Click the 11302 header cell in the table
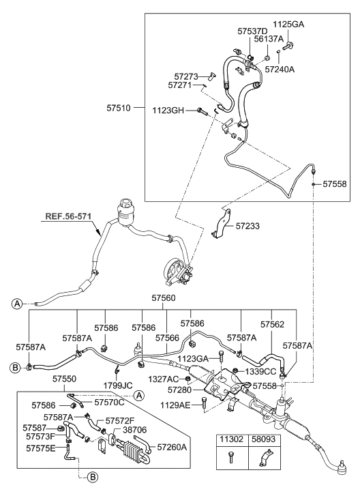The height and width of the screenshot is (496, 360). (x=228, y=441)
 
